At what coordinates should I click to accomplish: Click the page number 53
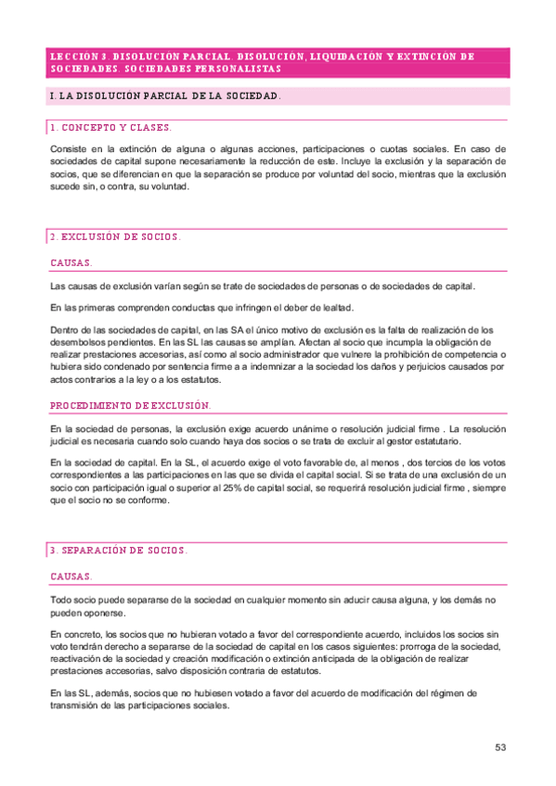click(x=499, y=747)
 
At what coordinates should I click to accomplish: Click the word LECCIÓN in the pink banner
click(x=71, y=57)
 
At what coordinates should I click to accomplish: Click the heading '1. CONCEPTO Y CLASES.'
click(x=110, y=127)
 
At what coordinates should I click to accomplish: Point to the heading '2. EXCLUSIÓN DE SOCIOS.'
click(x=115, y=237)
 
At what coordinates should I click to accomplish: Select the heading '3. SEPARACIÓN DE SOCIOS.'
click(x=119, y=551)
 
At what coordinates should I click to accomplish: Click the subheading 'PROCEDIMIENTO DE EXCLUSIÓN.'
click(x=131, y=406)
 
